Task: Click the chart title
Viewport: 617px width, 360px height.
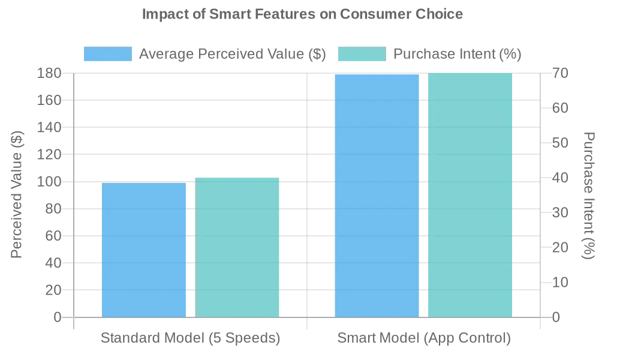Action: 302,14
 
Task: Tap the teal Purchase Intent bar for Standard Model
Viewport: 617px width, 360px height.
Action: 237,247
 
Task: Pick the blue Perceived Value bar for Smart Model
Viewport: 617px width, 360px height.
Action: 377,196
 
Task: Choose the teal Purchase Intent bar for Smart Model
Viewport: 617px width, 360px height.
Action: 470,195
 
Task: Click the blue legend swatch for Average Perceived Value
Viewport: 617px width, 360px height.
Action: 108,54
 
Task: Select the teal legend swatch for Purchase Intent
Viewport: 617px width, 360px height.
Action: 362,54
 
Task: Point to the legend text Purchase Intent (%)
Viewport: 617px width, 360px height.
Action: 457,54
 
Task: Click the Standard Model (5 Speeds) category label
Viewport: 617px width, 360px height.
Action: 190,338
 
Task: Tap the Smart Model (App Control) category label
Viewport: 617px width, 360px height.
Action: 424,338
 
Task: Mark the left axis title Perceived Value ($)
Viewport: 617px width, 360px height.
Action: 17,194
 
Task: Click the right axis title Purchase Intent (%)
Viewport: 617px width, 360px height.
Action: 589,195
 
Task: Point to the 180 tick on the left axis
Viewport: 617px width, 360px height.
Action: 49,73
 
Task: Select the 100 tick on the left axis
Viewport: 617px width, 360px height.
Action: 49,182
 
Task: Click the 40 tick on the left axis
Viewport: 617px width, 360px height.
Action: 53,263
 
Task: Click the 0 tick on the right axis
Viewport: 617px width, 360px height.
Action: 556,317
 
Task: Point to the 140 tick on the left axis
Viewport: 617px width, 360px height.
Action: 49,127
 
